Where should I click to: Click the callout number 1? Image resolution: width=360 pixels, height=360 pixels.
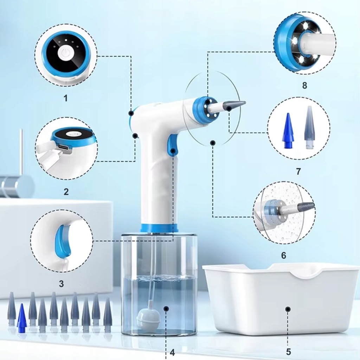click(x=66, y=98)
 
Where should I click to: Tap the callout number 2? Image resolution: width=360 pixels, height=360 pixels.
click(x=66, y=192)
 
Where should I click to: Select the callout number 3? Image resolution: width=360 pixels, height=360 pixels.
click(x=61, y=284)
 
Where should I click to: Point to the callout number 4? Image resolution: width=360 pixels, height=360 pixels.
click(x=172, y=352)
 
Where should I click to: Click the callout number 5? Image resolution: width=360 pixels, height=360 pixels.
click(x=288, y=352)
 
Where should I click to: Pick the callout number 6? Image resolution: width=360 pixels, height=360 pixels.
click(x=284, y=255)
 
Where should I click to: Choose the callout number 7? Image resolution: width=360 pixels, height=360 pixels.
click(x=298, y=171)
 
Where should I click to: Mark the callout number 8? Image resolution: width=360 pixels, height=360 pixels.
click(x=304, y=85)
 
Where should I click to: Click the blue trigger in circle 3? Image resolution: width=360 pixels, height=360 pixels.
click(x=63, y=242)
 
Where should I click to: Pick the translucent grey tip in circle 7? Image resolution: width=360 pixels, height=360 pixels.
click(x=309, y=128)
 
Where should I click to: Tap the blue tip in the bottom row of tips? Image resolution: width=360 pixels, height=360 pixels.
click(x=21, y=318)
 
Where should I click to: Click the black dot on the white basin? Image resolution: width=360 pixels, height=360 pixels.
click(x=288, y=309)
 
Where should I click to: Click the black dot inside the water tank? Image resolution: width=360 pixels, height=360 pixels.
click(x=166, y=309)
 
